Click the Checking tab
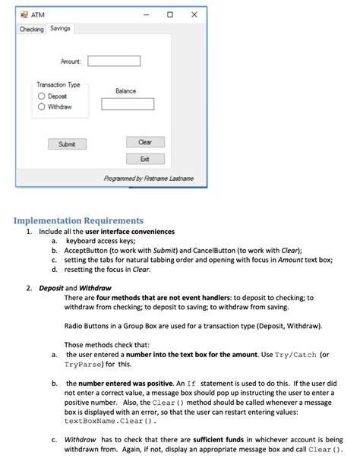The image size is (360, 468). coord(32,29)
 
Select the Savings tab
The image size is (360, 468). coord(60,28)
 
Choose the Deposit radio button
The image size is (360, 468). coord(43,96)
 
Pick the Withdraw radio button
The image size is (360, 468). coord(43,107)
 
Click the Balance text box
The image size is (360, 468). coord(128,104)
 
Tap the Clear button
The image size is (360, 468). coord(145,142)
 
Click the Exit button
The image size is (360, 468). coord(145,159)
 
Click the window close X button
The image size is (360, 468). coord(194,14)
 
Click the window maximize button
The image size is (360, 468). coord(170,14)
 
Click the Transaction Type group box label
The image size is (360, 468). coord(58,85)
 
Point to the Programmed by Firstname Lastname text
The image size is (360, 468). coord(148,179)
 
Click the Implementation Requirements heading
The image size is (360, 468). coord(78,221)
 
